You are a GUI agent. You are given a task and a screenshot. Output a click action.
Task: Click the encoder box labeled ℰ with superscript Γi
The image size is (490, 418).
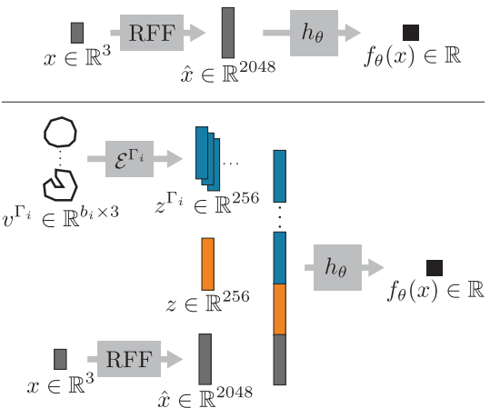(x=129, y=159)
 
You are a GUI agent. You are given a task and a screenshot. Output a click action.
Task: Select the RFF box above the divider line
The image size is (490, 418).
(x=152, y=33)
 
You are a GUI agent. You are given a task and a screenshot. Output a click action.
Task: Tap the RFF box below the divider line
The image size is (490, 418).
(x=129, y=359)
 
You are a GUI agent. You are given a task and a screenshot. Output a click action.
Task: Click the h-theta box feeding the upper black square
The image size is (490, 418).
(x=314, y=33)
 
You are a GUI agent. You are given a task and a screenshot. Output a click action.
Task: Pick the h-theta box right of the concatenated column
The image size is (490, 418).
(x=337, y=267)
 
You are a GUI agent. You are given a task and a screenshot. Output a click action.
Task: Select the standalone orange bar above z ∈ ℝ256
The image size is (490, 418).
(x=208, y=264)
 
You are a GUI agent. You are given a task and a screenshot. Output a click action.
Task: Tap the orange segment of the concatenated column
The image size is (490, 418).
(x=280, y=309)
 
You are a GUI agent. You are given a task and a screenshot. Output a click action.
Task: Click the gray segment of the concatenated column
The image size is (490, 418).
(x=280, y=360)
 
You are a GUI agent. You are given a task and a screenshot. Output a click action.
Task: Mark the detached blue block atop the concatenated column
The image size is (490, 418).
(x=280, y=176)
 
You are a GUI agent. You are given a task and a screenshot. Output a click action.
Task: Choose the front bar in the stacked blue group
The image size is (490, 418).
(x=202, y=153)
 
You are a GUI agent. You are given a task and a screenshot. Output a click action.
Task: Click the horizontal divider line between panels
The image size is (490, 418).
(x=243, y=102)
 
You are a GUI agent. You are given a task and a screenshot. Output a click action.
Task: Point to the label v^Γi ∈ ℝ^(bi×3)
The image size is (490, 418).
(x=60, y=216)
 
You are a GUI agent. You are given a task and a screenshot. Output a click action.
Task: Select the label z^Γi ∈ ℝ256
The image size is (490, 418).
(x=207, y=203)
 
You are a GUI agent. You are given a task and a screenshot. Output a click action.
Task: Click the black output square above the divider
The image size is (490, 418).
(x=411, y=33)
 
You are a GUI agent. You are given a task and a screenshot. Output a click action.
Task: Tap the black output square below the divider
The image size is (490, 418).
(x=435, y=268)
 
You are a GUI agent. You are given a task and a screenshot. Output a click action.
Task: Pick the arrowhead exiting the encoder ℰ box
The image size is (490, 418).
(x=175, y=159)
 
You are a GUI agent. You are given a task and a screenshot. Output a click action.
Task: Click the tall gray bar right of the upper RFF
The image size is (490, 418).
(x=228, y=33)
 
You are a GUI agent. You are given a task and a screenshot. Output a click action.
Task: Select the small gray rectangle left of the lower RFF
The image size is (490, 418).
(x=60, y=359)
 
